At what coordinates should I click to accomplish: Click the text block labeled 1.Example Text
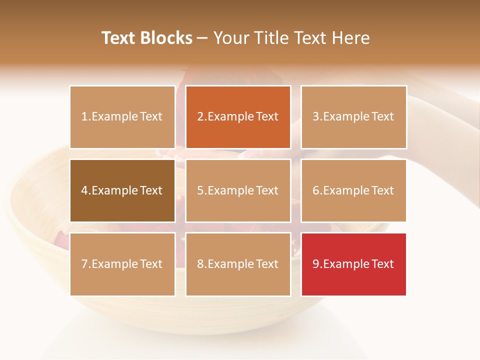[122, 117]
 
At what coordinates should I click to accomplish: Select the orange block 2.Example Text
[238, 117]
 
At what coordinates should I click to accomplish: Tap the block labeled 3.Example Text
[353, 117]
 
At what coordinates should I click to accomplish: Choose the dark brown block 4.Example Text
[122, 190]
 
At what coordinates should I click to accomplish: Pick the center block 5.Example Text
[238, 190]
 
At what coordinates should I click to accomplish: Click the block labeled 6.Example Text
[353, 190]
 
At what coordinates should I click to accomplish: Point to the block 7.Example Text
[122, 264]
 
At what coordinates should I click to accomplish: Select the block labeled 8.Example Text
[238, 264]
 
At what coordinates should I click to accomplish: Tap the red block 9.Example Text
[353, 264]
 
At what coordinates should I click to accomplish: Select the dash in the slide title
[202, 38]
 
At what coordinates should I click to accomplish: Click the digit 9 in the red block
[316, 264]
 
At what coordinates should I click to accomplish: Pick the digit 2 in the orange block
[200, 117]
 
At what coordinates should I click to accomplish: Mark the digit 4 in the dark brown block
[84, 190]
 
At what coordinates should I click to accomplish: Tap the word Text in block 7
[151, 264]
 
